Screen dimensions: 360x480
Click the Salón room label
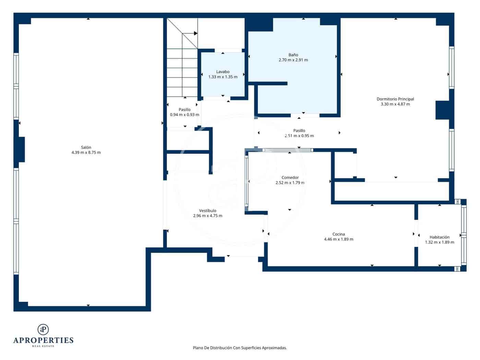(x=86, y=147)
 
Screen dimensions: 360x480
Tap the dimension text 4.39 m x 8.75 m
(x=86, y=153)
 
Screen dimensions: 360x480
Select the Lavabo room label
(x=223, y=72)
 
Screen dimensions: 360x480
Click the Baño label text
(x=293, y=55)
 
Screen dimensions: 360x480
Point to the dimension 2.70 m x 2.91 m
(x=293, y=60)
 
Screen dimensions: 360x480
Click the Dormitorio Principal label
(x=395, y=99)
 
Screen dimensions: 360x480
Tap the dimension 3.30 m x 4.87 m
(x=395, y=104)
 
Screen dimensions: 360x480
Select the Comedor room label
(x=290, y=178)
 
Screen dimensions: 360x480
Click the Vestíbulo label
(x=208, y=211)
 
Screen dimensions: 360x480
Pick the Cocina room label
(x=339, y=234)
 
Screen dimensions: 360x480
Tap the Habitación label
(x=440, y=237)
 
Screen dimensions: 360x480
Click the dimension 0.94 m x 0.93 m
(x=184, y=115)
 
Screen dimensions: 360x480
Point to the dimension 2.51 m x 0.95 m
(x=299, y=136)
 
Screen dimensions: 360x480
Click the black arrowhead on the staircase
(x=196, y=33)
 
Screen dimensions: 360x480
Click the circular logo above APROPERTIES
(x=43, y=329)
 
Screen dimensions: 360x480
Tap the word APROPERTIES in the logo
(x=43, y=340)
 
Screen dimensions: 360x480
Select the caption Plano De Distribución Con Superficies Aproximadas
(x=240, y=348)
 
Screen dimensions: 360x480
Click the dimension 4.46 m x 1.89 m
(x=339, y=239)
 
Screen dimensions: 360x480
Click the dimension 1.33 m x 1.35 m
(x=223, y=77)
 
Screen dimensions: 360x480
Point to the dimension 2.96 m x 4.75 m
(x=208, y=216)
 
